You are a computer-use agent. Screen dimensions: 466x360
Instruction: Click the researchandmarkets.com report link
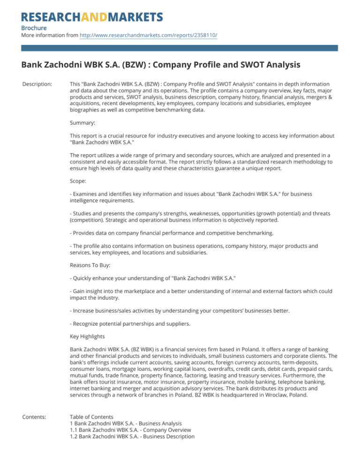point(149,35)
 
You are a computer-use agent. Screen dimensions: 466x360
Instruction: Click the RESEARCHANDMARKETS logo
point(92,17)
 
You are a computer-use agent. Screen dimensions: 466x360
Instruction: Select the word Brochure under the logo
point(34,28)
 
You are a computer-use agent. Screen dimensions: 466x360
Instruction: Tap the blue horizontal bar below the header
point(180,48)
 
